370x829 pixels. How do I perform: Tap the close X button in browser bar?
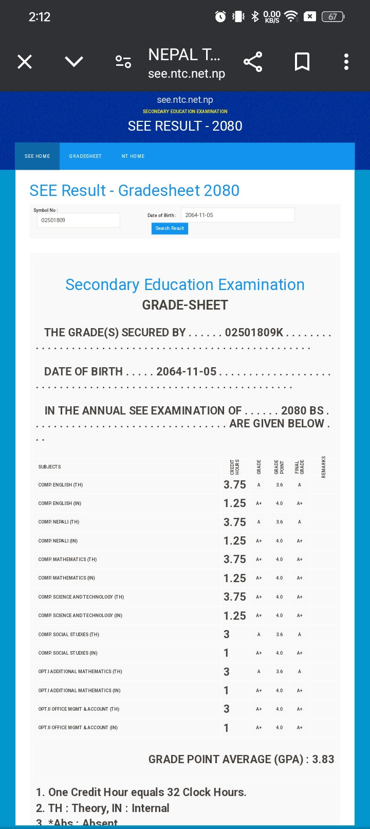pyautogui.click(x=25, y=62)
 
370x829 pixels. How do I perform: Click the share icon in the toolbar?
pyautogui.click(x=253, y=62)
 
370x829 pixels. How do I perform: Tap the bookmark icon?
pyautogui.click(x=302, y=62)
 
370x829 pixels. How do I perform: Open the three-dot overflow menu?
pyautogui.click(x=346, y=62)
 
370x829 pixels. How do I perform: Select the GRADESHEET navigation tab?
pyautogui.click(x=85, y=156)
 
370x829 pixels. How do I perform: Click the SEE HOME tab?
pyautogui.click(x=38, y=156)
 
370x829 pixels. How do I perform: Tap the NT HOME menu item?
pyautogui.click(x=133, y=156)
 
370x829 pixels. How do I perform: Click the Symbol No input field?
pyautogui.click(x=78, y=221)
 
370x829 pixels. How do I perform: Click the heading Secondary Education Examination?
pyautogui.click(x=185, y=285)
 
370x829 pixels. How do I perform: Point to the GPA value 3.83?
pyautogui.click(x=323, y=760)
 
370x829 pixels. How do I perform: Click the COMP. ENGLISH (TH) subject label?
pyautogui.click(x=61, y=485)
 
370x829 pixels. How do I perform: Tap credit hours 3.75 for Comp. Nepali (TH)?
pyautogui.click(x=234, y=522)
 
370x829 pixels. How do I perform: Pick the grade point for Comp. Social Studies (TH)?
pyautogui.click(x=280, y=635)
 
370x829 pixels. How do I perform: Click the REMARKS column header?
pyautogui.click(x=324, y=467)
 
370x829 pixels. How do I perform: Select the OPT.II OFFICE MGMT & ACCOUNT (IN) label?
pyautogui.click(x=78, y=728)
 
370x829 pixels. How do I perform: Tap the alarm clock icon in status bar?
pyautogui.click(x=220, y=17)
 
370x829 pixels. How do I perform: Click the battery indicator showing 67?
pyautogui.click(x=333, y=17)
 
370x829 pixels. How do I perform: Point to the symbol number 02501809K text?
pyautogui.click(x=254, y=333)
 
